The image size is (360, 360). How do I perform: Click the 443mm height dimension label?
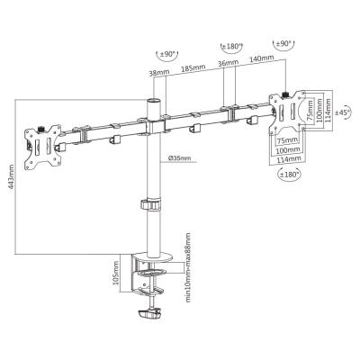pyautogui.click(x=11, y=176)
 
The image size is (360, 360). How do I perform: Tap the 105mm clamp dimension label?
pyautogui.click(x=115, y=273)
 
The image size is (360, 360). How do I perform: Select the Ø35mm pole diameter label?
pyautogui.click(x=179, y=157)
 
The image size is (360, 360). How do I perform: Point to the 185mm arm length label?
pyautogui.click(x=193, y=68)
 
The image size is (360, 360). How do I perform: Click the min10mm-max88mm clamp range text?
pyautogui.click(x=188, y=268)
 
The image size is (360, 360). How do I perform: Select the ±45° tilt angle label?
pyautogui.click(x=343, y=113)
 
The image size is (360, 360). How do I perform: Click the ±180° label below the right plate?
pyautogui.click(x=289, y=174)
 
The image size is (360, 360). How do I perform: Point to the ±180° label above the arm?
pyautogui.click(x=231, y=46)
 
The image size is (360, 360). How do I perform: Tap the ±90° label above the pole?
pyautogui.click(x=167, y=54)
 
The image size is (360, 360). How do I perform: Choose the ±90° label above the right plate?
pyautogui.click(x=283, y=43)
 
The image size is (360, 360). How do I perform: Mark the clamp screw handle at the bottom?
pyautogui.click(x=148, y=314)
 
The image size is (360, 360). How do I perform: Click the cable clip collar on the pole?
pyautogui.click(x=150, y=203)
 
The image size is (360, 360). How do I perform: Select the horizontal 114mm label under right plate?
pyautogui.click(x=287, y=159)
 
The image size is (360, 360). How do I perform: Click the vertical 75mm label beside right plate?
pyautogui.click(x=310, y=111)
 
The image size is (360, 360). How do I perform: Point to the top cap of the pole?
pyautogui.click(x=154, y=100)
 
